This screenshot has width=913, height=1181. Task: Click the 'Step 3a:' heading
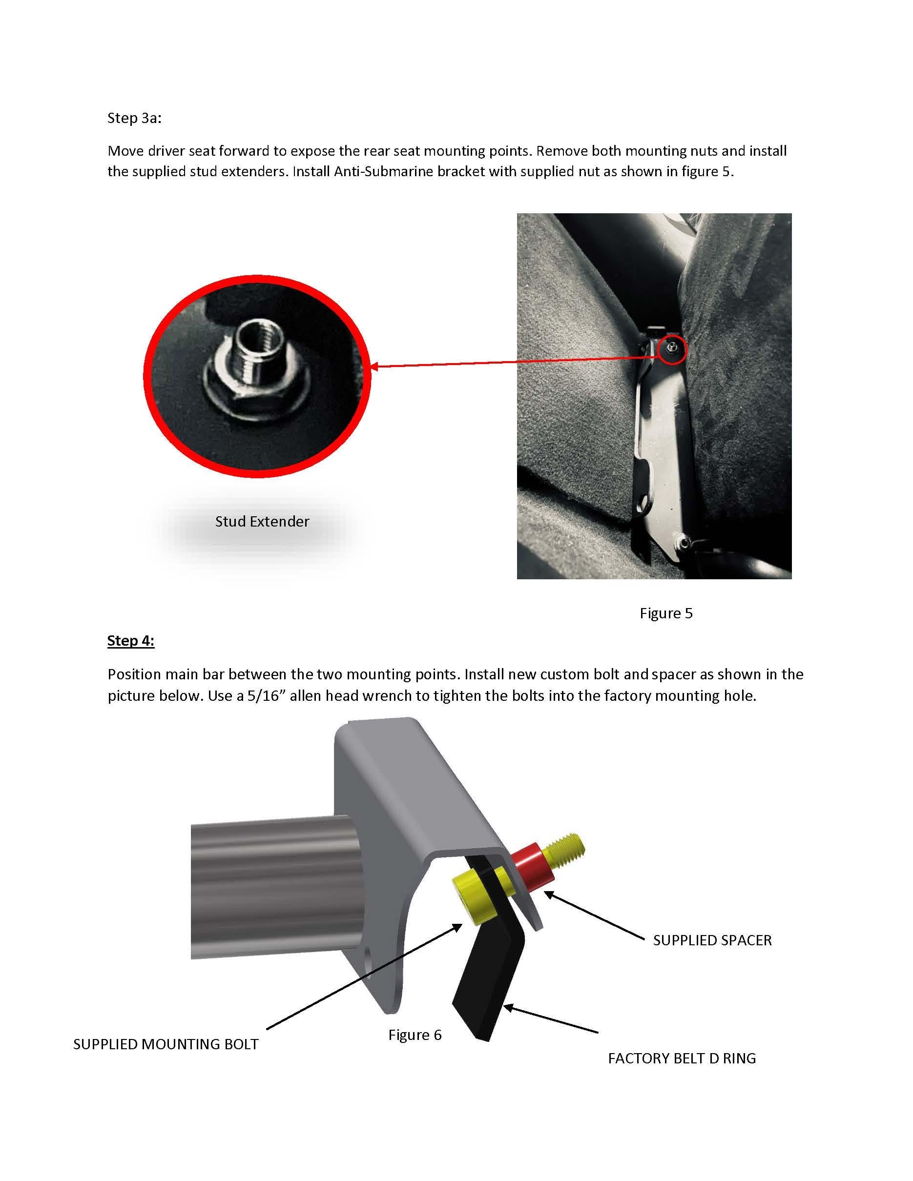coord(134,118)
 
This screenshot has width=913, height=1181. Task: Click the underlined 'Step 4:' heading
coord(131,640)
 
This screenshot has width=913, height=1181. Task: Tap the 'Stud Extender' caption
coord(262,521)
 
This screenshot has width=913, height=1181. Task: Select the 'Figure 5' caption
coord(666,613)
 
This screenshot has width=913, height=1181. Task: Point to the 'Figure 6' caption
coord(415,1035)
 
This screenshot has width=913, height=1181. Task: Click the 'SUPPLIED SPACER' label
coord(712,940)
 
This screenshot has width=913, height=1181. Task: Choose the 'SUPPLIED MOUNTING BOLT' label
coord(166,1044)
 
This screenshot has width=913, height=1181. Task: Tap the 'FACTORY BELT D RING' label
coord(682,1058)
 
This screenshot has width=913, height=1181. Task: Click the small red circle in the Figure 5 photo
coord(672,349)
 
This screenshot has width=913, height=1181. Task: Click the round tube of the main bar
coord(270,892)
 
